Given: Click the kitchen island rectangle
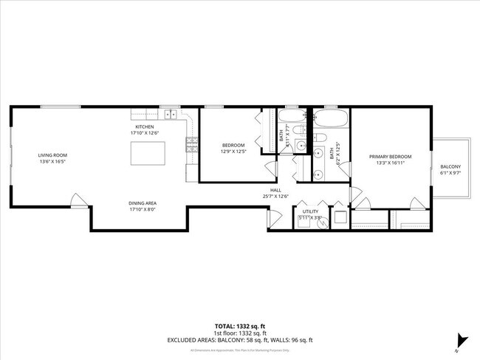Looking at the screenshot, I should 145,154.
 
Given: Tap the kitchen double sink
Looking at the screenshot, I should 171,115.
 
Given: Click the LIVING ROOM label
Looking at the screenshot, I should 53,155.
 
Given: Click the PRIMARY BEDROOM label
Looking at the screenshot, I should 391,157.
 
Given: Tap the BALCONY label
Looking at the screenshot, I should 450,167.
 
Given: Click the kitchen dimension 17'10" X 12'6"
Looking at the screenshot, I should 143,133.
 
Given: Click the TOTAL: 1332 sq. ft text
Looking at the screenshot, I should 240,326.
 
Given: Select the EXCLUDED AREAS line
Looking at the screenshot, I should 240,340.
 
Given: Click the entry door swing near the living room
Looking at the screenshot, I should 77,200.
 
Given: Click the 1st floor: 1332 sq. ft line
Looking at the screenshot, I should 240,333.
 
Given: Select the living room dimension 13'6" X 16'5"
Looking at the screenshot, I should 53,162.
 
